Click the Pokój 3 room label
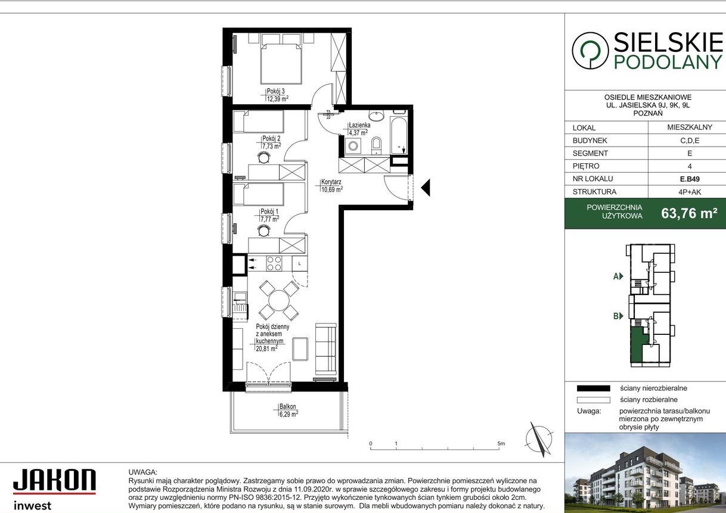[275, 91]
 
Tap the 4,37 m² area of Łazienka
[358, 132]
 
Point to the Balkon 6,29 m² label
[288, 407]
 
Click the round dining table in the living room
[278, 300]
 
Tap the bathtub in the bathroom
[399, 135]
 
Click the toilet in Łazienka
[377, 144]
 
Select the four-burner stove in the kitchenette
[274, 263]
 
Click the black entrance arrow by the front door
[426, 188]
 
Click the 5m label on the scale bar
[501, 444]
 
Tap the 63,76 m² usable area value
[689, 213]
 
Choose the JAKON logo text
[54, 481]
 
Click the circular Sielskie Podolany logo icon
[590, 51]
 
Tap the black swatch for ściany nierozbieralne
[593, 388]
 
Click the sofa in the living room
[325, 350]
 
